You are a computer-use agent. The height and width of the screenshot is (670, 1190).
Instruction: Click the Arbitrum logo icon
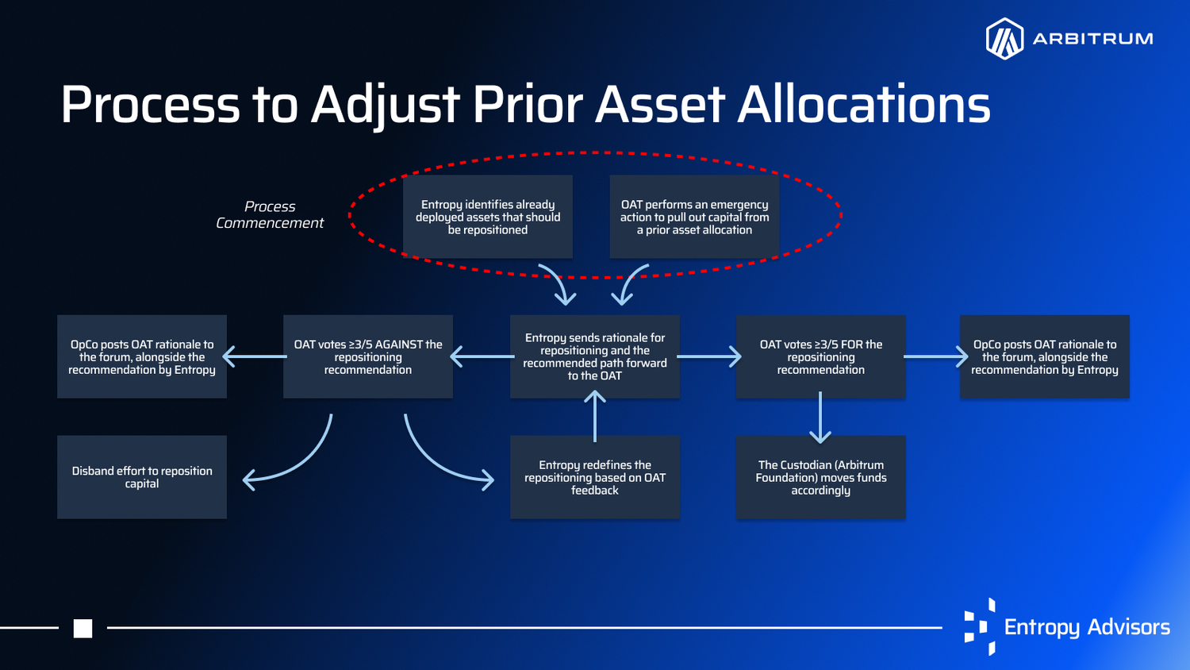pyautogui.click(x=1004, y=39)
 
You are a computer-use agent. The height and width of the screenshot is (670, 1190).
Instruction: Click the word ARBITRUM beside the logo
pyautogui.click(x=1092, y=39)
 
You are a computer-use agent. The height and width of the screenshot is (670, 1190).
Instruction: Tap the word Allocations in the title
pyautogui.click(x=864, y=104)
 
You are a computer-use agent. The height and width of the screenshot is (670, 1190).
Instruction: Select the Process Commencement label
pyautogui.click(x=270, y=215)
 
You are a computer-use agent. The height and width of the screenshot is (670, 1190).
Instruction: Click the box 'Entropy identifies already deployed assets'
pyautogui.click(x=488, y=217)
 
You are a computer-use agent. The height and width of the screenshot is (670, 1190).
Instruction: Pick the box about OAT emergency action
pyautogui.click(x=694, y=217)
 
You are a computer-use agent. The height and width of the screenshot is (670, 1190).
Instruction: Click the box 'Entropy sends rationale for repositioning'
pyautogui.click(x=595, y=356)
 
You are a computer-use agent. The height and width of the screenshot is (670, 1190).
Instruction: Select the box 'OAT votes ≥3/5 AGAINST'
pyautogui.click(x=368, y=356)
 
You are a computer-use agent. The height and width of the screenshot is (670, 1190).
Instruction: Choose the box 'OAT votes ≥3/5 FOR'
pyautogui.click(x=821, y=356)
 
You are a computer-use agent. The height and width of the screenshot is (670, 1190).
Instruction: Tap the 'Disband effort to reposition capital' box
pyautogui.click(x=142, y=477)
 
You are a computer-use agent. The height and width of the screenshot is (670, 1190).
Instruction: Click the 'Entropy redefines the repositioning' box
pyautogui.click(x=595, y=477)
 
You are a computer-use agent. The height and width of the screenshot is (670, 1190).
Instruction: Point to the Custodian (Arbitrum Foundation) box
pyautogui.click(x=821, y=477)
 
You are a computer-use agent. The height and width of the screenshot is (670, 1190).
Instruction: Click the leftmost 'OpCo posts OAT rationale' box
pyautogui.click(x=142, y=356)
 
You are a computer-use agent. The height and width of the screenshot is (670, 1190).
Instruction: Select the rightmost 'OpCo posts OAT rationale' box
pyautogui.click(x=1045, y=356)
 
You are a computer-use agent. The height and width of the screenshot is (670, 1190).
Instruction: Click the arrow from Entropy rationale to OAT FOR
pyautogui.click(x=708, y=356)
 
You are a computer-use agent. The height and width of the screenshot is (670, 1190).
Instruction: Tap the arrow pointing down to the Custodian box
pyautogui.click(x=820, y=418)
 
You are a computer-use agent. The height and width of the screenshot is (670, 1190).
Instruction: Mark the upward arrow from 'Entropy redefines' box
pyautogui.click(x=595, y=416)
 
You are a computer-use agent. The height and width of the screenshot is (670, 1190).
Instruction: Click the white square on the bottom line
pyautogui.click(x=83, y=629)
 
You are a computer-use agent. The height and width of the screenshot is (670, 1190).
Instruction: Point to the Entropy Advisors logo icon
pyautogui.click(x=980, y=626)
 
